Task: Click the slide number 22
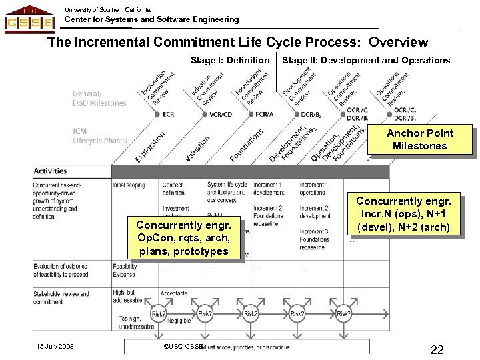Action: pos(437,350)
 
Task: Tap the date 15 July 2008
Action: pos(55,346)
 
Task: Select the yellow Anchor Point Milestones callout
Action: pos(419,139)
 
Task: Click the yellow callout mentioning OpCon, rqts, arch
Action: pos(182,238)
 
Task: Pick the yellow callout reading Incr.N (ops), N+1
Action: pos(403,213)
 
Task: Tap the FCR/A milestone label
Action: pos(264,115)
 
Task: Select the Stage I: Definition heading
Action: pos(230,61)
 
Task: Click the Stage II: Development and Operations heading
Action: pos(366,61)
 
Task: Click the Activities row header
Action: pos(50,171)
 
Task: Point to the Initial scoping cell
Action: pos(129,185)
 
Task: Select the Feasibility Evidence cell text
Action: pos(125,271)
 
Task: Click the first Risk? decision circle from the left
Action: pos(159,313)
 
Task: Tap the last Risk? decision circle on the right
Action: pos(343,313)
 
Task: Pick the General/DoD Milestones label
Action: pos(99,99)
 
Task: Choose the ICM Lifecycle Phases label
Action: pos(99,136)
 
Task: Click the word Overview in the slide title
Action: pos(398,43)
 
